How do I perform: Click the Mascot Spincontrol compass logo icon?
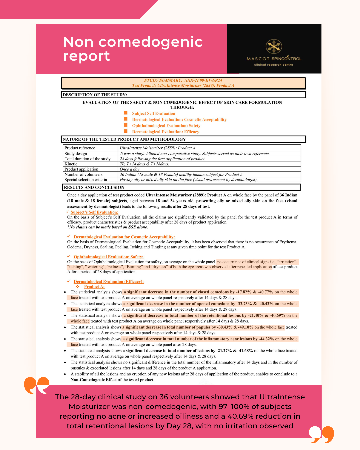point(274,46)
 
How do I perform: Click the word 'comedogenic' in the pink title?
point(151,42)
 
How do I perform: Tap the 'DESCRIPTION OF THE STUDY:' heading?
point(95,95)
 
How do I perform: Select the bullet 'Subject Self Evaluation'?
point(153,113)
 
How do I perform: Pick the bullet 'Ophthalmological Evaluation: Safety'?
point(166,126)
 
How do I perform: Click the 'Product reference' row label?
point(80,148)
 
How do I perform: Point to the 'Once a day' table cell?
point(129,169)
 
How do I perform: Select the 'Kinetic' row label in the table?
point(71,164)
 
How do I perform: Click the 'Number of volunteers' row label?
point(83,174)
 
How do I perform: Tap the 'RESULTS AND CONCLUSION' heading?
point(94,187)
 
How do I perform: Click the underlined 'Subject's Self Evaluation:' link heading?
point(94,212)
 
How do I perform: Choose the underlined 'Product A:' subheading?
point(94,287)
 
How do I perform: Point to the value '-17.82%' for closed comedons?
point(244,292)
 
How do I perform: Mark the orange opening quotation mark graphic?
point(37,385)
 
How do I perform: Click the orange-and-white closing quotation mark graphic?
point(321,434)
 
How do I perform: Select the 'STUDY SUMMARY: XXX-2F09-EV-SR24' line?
point(183,80)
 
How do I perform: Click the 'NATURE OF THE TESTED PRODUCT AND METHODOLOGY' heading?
point(124,139)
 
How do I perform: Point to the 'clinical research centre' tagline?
point(273,65)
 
